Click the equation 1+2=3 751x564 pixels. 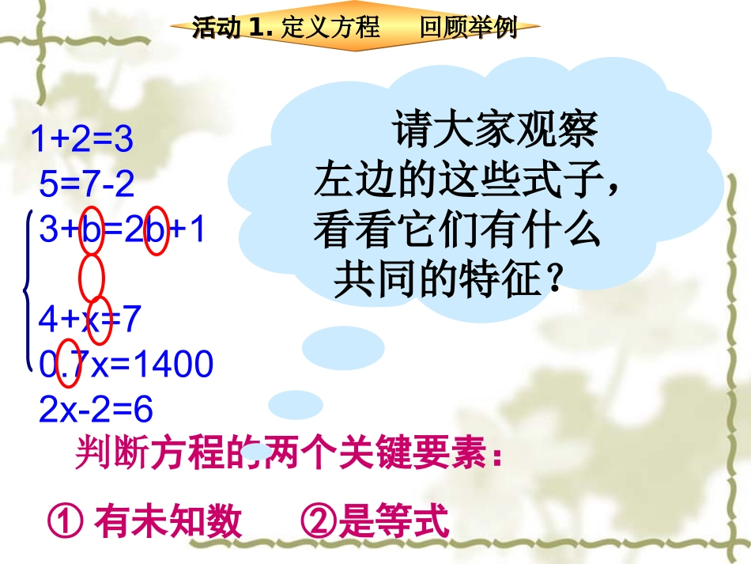coord(82,140)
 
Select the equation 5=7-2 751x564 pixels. coord(87,185)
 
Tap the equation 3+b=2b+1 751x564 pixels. coord(123,229)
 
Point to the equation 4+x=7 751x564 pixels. coord(89,319)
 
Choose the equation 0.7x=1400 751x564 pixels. coord(126,365)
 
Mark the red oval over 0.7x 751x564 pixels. coord(69,366)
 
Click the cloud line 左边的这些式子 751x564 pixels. coord(468,181)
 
